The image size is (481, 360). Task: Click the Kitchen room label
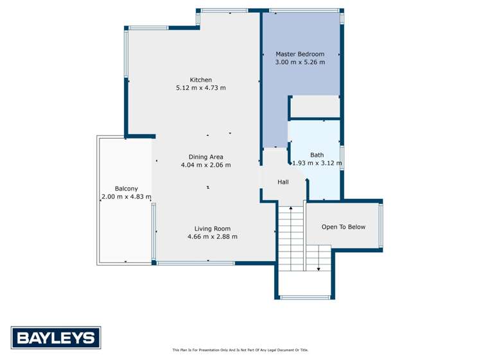click(x=200, y=80)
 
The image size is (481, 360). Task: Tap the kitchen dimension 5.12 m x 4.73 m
click(x=200, y=88)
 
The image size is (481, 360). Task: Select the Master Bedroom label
click(x=300, y=54)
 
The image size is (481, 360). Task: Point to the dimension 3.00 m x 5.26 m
click(x=300, y=62)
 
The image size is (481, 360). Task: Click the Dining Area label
click(x=206, y=157)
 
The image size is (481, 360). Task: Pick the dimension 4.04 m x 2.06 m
click(x=206, y=165)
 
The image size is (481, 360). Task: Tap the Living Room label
click(x=212, y=228)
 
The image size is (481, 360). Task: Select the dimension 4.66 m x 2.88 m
click(x=212, y=236)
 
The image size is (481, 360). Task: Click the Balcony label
click(x=126, y=189)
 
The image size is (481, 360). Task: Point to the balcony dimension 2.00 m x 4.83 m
click(x=126, y=197)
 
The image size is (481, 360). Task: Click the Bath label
click(x=317, y=155)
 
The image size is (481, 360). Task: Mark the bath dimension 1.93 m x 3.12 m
click(x=317, y=163)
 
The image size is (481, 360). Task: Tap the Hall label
click(x=283, y=182)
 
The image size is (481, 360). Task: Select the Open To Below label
click(x=344, y=227)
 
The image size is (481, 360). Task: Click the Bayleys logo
click(x=56, y=338)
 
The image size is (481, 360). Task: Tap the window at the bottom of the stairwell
click(x=305, y=297)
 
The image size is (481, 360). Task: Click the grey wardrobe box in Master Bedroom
click(x=315, y=107)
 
